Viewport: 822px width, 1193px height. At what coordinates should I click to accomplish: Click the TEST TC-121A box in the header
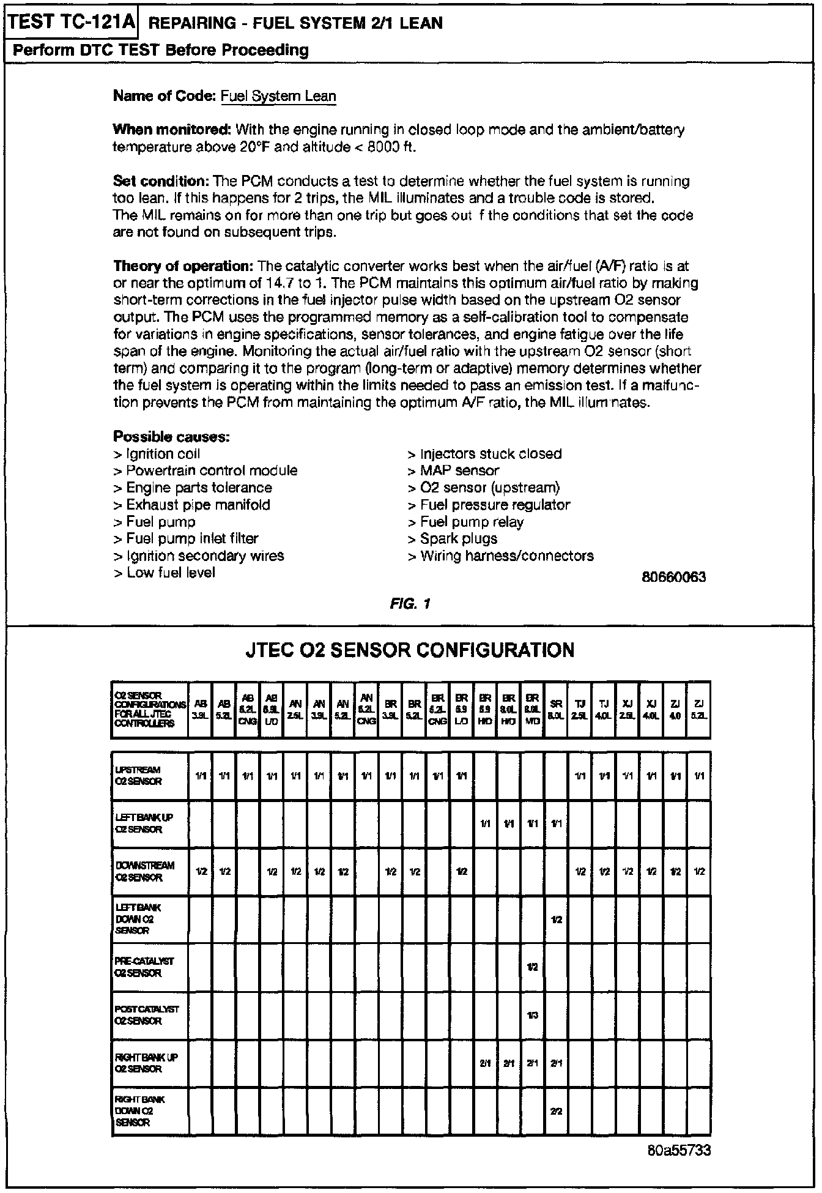(x=71, y=23)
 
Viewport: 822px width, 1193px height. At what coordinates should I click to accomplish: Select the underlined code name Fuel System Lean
(x=278, y=96)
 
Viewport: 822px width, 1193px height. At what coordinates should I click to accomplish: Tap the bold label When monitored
(x=172, y=130)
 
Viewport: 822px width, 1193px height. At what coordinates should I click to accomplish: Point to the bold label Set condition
(x=161, y=181)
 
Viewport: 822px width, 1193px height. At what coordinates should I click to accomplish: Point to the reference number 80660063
(x=674, y=577)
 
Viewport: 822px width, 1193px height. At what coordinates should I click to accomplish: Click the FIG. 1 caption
(x=410, y=604)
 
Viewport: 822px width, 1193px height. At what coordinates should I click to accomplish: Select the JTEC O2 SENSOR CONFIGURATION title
(x=410, y=649)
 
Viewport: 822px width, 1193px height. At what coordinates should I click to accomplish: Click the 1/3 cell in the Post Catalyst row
(x=532, y=1016)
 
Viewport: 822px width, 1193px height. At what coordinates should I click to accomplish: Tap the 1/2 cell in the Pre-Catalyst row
(x=532, y=967)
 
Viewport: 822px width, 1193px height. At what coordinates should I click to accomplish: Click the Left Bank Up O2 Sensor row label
(x=149, y=823)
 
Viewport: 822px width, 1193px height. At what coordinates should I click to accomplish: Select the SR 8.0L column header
(x=556, y=710)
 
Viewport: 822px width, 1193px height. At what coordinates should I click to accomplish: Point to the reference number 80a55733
(x=679, y=1151)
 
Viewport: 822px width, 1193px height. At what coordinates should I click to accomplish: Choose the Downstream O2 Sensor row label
(x=149, y=871)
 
